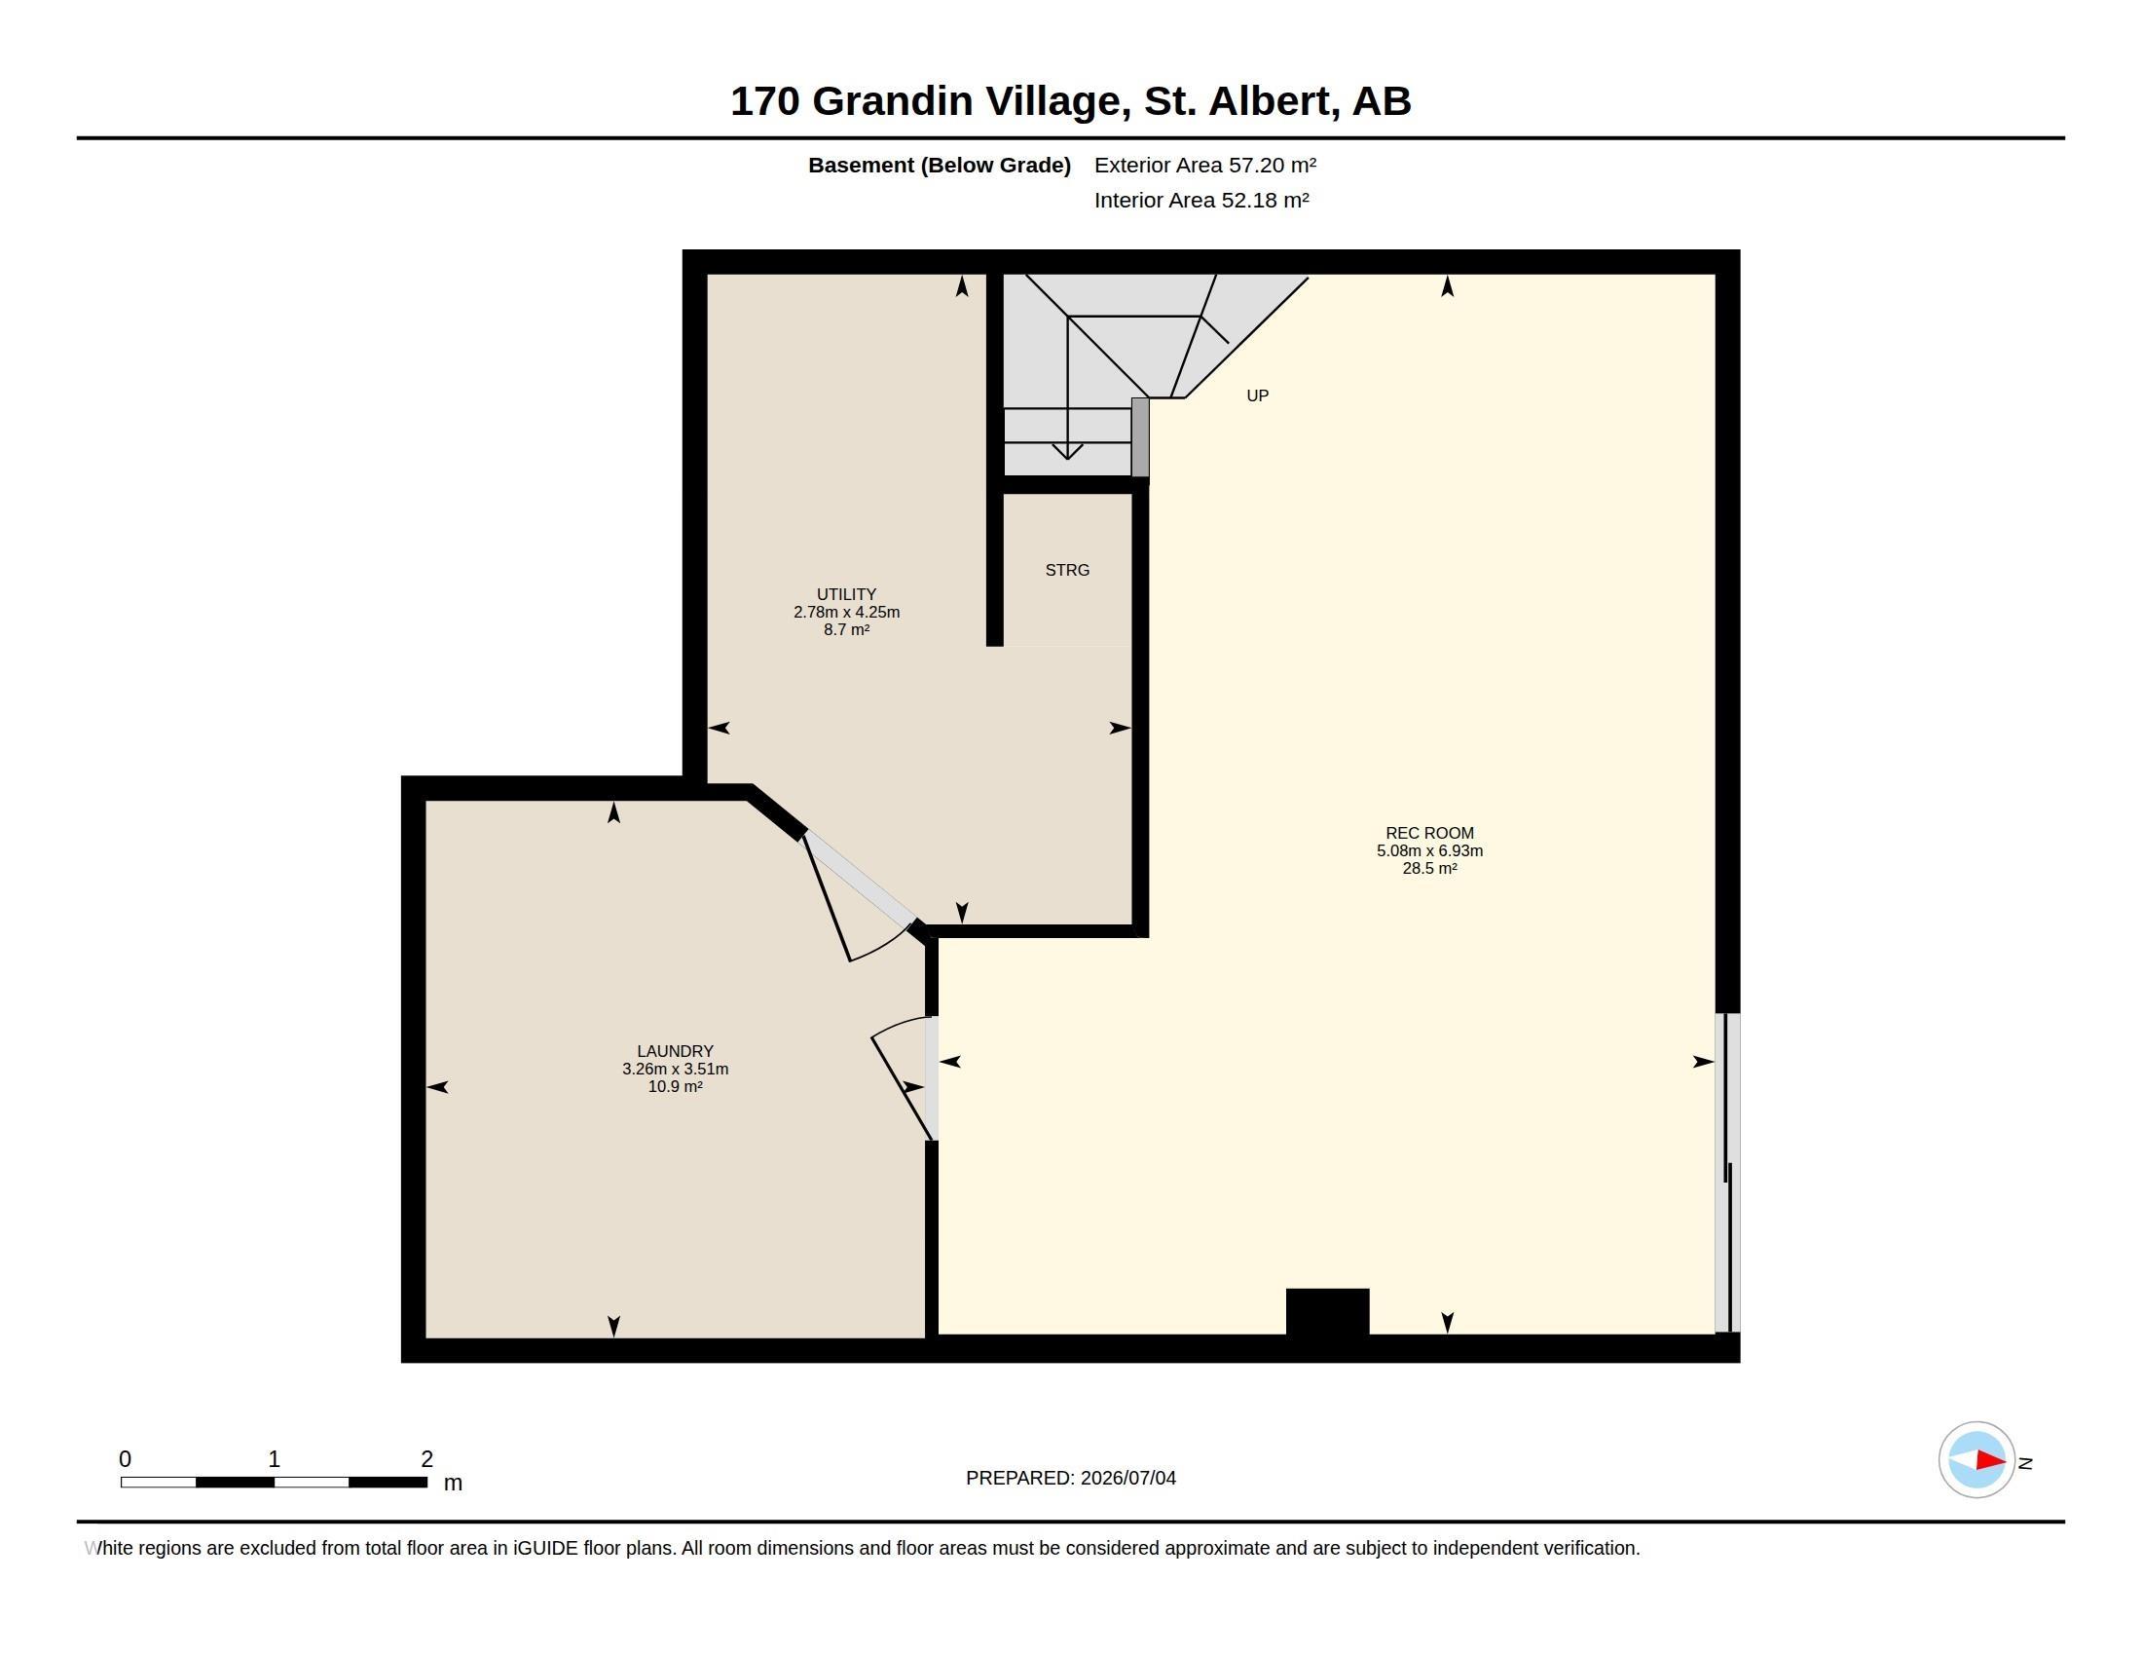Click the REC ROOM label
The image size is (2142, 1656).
[1429, 833]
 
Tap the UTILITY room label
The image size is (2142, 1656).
[846, 594]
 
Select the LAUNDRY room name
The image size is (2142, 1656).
[675, 1051]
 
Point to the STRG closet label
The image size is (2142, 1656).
[1067, 570]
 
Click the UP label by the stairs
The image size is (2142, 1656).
[1257, 395]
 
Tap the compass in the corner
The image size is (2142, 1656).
[1976, 1460]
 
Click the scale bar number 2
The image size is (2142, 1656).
[426, 1459]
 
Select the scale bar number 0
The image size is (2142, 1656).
[126, 1459]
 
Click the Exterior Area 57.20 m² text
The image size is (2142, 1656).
[1205, 165]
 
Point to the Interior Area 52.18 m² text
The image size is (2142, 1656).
[1201, 200]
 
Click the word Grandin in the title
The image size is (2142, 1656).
[893, 101]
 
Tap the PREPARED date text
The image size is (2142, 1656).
[1071, 1478]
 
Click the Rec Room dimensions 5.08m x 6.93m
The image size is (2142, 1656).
[1429, 850]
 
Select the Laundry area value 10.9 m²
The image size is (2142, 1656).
[675, 1086]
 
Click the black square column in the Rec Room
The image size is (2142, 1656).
[1327, 1312]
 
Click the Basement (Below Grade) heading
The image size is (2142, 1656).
[939, 165]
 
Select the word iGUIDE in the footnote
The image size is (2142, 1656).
[545, 1548]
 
